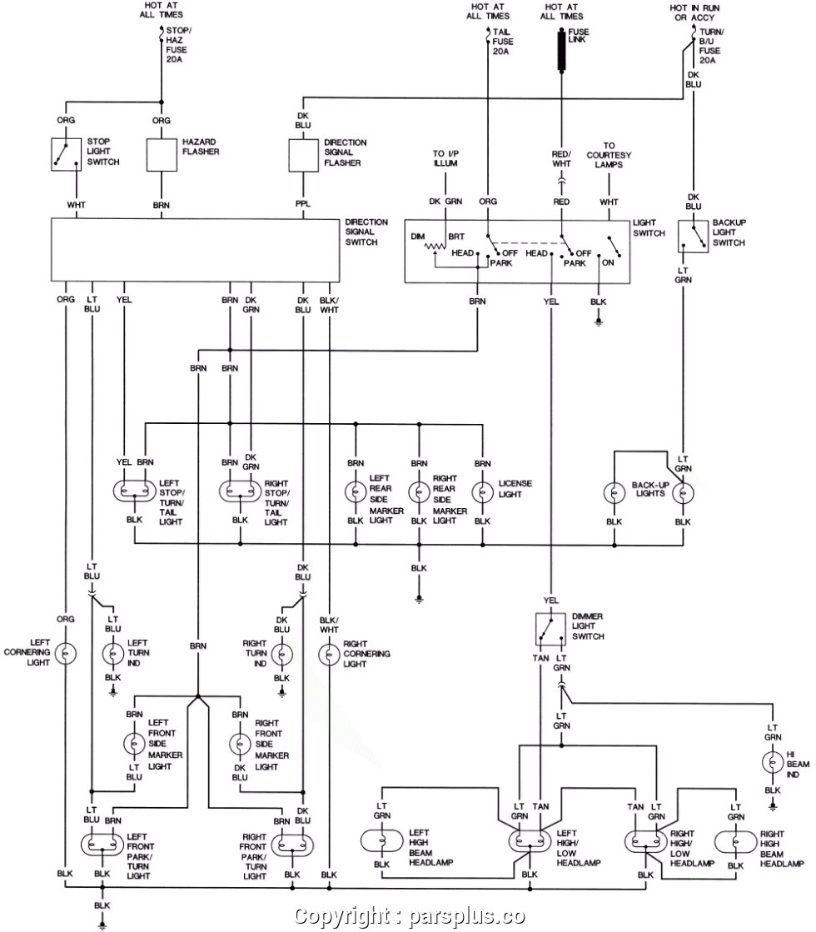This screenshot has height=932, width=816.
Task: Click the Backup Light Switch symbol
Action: click(x=693, y=237)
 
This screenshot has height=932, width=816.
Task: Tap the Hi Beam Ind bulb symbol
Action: click(x=772, y=762)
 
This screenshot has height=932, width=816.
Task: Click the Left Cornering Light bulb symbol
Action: click(x=66, y=653)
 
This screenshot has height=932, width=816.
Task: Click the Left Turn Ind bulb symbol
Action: click(x=112, y=653)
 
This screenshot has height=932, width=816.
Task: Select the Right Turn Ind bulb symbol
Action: click(x=282, y=653)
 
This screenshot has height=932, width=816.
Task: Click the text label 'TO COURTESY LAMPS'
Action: click(x=609, y=155)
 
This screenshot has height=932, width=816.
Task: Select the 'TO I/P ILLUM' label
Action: click(x=445, y=159)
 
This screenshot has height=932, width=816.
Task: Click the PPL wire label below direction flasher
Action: click(x=303, y=202)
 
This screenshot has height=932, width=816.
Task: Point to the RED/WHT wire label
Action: click(x=562, y=160)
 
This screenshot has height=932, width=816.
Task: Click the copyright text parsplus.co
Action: click(x=410, y=916)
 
